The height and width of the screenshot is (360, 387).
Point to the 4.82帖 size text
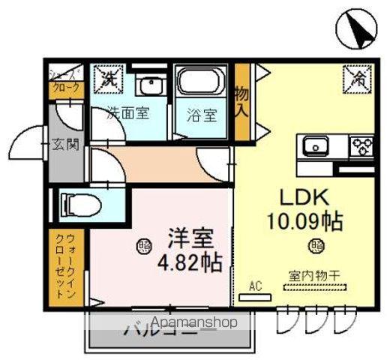[188, 265]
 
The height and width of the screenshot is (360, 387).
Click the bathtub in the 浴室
[200, 82]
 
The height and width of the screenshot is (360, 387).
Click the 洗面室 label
[127, 115]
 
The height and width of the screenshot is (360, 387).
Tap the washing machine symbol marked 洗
[109, 77]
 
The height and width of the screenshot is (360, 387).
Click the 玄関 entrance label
[65, 145]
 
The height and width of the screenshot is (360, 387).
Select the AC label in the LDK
[255, 286]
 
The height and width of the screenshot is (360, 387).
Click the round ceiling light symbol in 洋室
[142, 244]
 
